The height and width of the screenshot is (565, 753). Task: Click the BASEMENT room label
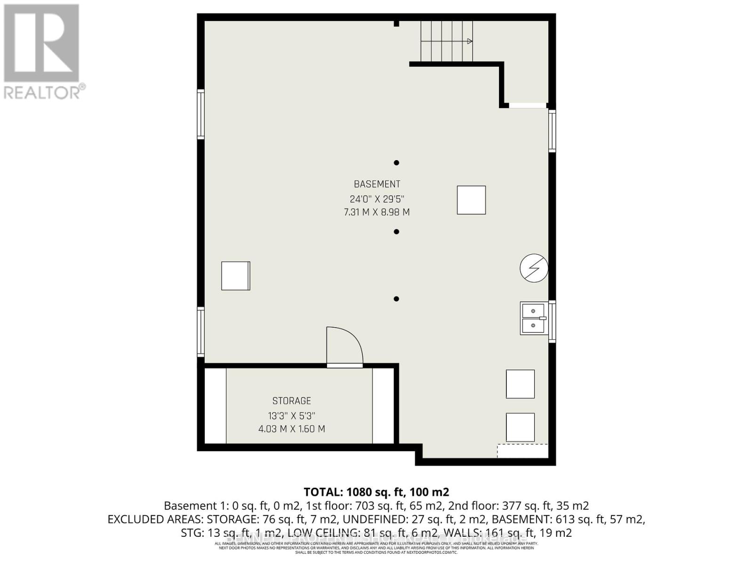tap(377, 184)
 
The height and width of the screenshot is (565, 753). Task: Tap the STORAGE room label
tap(291, 401)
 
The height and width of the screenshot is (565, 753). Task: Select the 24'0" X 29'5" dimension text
tap(377, 199)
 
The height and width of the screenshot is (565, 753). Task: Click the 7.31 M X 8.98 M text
tap(377, 212)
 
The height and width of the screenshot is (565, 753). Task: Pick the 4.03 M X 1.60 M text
tap(291, 429)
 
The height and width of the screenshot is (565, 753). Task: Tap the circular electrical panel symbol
tap(534, 268)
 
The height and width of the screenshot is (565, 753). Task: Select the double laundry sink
tap(534, 318)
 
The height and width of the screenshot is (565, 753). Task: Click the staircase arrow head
tap(469, 41)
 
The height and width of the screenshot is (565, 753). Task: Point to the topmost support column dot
tap(396, 163)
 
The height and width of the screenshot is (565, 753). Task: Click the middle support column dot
tap(396, 232)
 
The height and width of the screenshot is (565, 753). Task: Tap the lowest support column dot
tap(396, 299)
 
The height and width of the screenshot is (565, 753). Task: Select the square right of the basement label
tap(471, 200)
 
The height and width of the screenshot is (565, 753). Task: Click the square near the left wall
tap(236, 276)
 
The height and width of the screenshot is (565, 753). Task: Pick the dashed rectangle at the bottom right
tap(522, 451)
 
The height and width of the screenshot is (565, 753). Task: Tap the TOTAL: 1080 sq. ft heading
tap(376, 492)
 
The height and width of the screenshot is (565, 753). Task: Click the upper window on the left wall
tap(201, 114)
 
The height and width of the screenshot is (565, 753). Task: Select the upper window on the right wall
tap(552, 130)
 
